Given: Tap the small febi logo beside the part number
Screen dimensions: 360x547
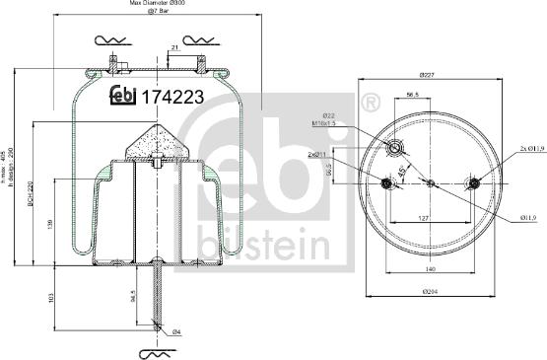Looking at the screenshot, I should tap(122, 96).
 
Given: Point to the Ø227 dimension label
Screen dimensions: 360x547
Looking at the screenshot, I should tap(427, 76).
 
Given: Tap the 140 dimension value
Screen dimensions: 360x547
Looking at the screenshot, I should tap(432, 268).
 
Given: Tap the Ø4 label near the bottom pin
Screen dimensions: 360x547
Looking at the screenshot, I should tap(175, 331).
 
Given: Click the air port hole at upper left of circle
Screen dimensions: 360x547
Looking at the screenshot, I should tap(395, 148).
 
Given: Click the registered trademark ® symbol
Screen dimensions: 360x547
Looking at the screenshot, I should tap(371, 103).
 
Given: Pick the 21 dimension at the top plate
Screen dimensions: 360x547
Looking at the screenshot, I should tap(173, 47).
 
